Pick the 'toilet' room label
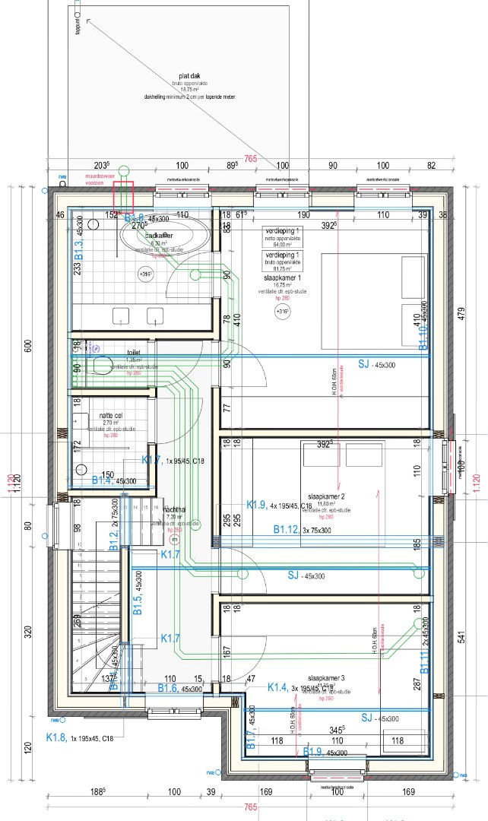pyautogui.click(x=134, y=353)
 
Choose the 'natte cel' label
pyautogui.click(x=112, y=416)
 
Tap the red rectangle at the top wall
pyautogui.click(x=122, y=198)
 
